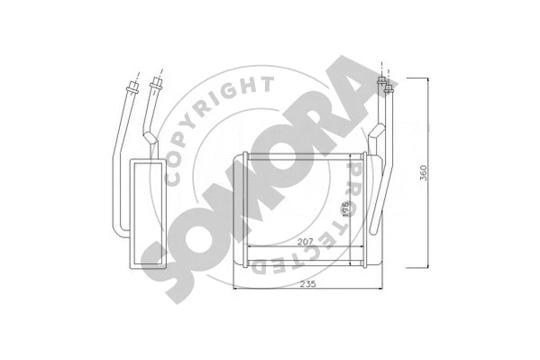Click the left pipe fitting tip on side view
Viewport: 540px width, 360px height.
133,87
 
